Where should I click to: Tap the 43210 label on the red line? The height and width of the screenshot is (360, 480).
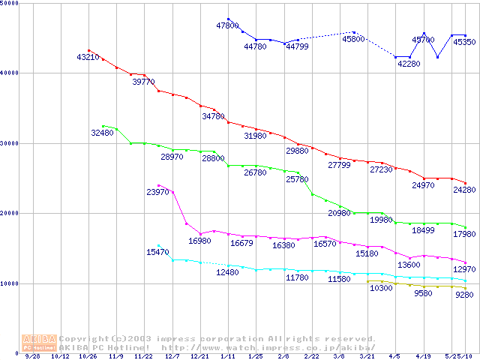(88, 58)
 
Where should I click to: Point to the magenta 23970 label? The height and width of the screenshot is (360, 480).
(157, 193)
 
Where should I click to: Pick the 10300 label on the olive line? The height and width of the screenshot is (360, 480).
(382, 289)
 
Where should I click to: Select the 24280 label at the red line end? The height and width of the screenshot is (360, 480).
(464, 190)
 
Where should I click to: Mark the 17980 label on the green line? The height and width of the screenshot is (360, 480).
(464, 234)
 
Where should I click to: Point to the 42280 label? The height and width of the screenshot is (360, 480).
(409, 64)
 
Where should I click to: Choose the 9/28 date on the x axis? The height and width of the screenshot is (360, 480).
(33, 357)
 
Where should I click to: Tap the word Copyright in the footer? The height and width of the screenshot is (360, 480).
(83, 339)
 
